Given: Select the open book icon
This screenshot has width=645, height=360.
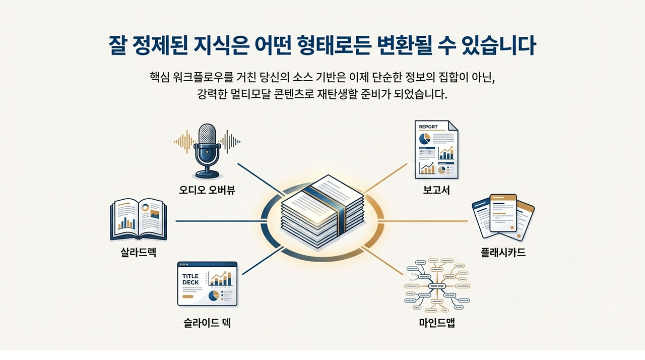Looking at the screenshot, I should point(138,220).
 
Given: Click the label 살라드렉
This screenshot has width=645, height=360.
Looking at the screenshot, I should point(138,253).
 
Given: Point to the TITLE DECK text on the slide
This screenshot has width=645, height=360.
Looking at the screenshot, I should point(191,279).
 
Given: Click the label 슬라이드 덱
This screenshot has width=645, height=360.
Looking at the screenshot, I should point(207,323).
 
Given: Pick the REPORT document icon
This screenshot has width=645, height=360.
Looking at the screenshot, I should point(436,150).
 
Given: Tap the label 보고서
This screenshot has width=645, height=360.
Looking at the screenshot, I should point(436,191).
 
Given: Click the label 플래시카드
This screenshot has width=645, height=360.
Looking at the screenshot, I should point(503,253).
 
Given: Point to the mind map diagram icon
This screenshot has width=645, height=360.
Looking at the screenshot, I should point(436,285).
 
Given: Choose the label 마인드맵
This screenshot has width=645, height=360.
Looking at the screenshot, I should point(437,323).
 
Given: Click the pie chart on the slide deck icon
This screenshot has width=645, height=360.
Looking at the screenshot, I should point(214,295).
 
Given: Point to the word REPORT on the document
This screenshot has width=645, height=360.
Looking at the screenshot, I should point(428,127).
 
